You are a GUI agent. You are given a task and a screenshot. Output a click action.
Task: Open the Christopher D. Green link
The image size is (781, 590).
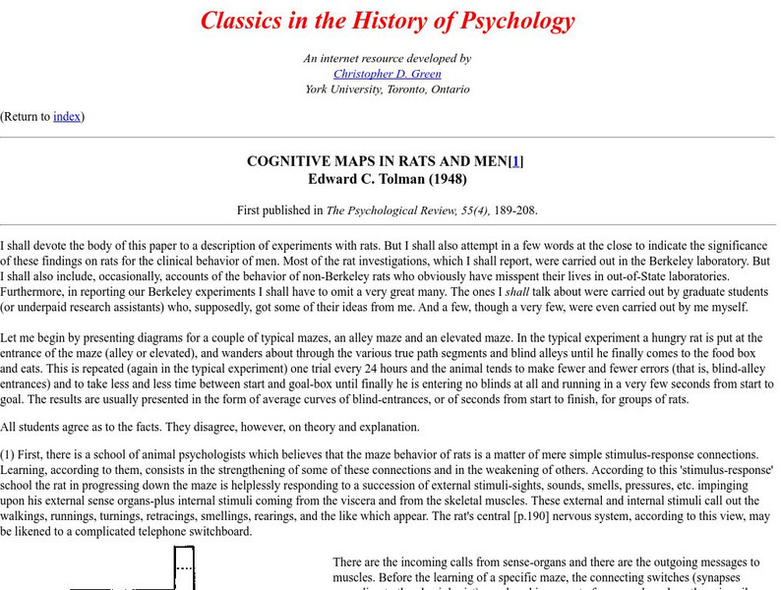click(388, 74)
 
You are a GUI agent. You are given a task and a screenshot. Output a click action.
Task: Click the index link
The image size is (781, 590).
click(67, 116)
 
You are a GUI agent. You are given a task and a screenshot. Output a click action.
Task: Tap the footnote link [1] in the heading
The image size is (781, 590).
click(514, 161)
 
